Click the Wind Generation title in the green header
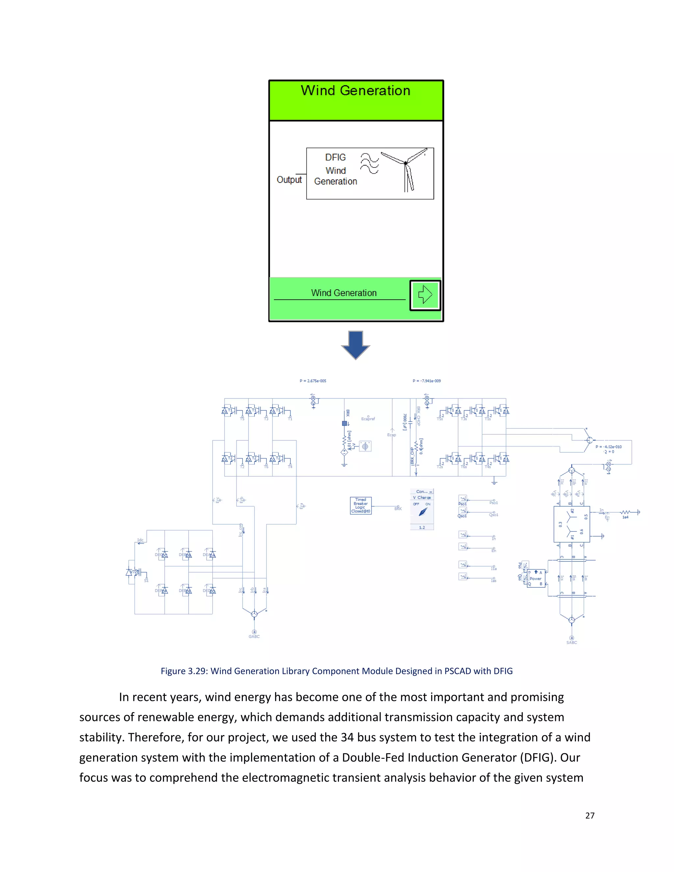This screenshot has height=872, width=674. [x=355, y=90]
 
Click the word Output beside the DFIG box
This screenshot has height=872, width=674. [x=289, y=180]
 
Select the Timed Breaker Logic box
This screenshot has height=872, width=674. [x=361, y=505]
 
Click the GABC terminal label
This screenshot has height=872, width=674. [x=254, y=636]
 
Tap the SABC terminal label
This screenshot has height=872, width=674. [x=571, y=642]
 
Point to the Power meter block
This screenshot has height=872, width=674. [x=535, y=578]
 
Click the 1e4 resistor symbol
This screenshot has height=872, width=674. [x=625, y=512]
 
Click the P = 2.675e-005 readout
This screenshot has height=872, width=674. [x=313, y=381]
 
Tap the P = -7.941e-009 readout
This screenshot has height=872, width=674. [x=427, y=381]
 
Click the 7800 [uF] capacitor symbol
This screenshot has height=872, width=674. [x=410, y=422]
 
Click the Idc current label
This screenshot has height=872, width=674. [x=140, y=540]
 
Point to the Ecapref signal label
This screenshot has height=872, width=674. [x=368, y=419]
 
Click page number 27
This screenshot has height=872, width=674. [x=590, y=816]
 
